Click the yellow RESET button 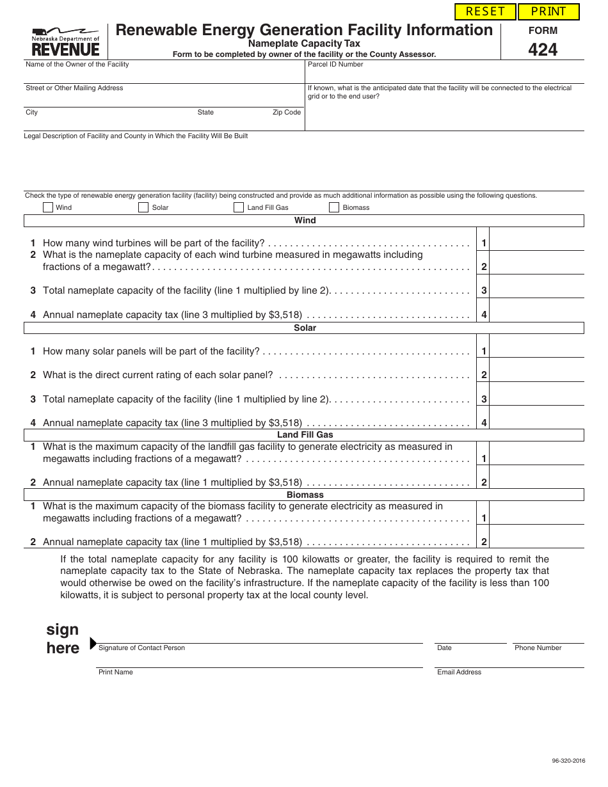(485, 12)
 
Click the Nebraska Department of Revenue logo (65, 42)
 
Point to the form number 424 (543, 49)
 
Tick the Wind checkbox (48, 207)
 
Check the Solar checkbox (143, 207)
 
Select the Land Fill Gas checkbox (239, 207)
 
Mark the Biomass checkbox (334, 207)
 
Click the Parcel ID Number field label (335, 65)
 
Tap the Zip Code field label (286, 113)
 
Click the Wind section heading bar (305, 221)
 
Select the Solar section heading (305, 328)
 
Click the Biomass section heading (305, 495)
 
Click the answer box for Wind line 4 (537, 310)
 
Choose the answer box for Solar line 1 (537, 347)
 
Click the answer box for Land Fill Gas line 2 (537, 478)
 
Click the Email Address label (459, 672)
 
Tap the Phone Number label (538, 648)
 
